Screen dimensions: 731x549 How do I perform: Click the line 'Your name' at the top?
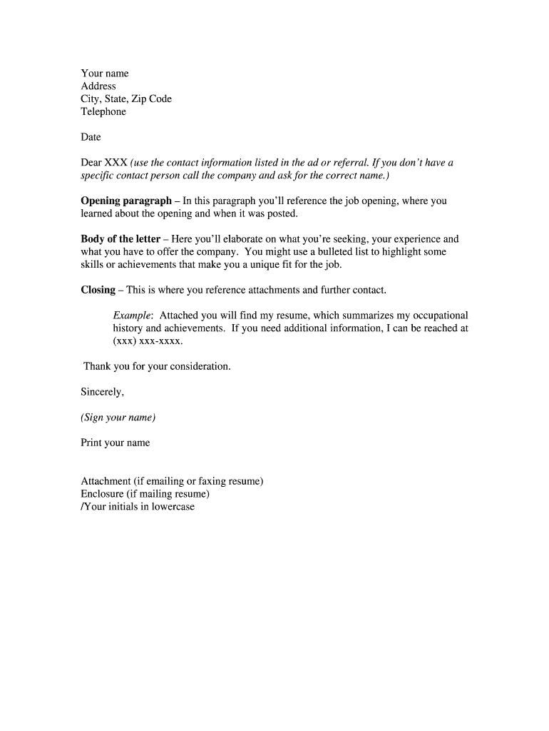click(105, 74)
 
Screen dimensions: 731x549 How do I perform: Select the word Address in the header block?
click(98, 86)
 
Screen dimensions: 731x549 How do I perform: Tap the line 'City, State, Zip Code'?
click(126, 99)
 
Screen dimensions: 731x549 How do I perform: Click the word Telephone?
click(103, 112)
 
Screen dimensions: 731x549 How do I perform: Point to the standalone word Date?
click(91, 137)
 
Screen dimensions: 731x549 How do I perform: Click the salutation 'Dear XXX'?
click(104, 163)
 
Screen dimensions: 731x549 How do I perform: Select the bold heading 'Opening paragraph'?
click(126, 201)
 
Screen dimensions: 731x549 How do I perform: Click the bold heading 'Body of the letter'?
click(120, 240)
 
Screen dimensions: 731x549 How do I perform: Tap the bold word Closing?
click(98, 291)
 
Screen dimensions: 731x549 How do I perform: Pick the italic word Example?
click(133, 316)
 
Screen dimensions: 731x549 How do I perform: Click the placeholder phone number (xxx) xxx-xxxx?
click(148, 341)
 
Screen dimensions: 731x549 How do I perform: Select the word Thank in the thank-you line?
click(97, 367)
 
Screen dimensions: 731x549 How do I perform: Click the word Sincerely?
click(103, 392)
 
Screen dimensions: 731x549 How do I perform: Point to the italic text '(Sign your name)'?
click(118, 418)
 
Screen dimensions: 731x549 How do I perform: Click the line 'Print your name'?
click(116, 443)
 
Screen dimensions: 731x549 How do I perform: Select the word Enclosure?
click(103, 494)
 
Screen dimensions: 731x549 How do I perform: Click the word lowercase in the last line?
click(173, 507)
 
